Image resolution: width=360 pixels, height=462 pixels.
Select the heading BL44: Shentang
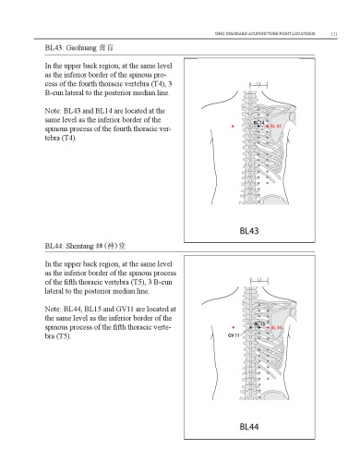tap(83, 247)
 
